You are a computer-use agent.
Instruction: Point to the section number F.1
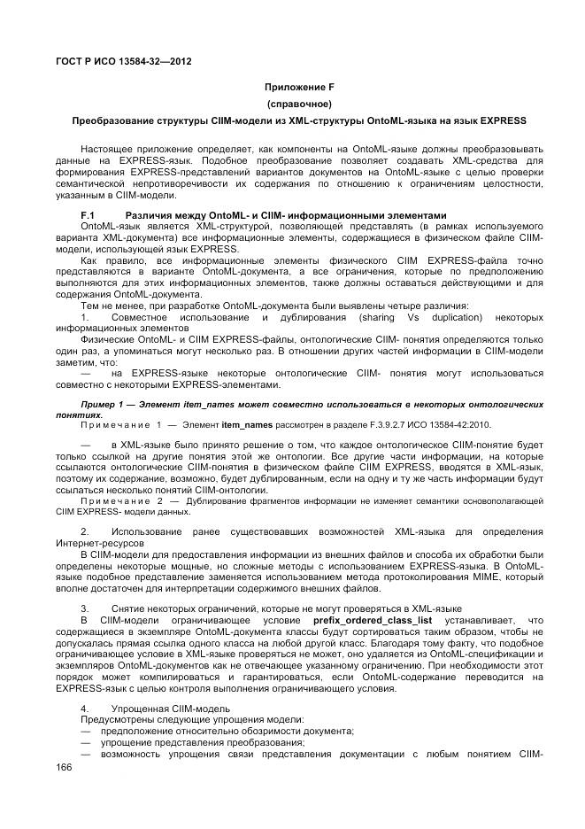pyautogui.click(x=88, y=215)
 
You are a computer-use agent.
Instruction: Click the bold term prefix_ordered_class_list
pyautogui.click(x=351, y=620)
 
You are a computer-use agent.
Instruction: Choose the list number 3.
pyautogui.click(x=85, y=608)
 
